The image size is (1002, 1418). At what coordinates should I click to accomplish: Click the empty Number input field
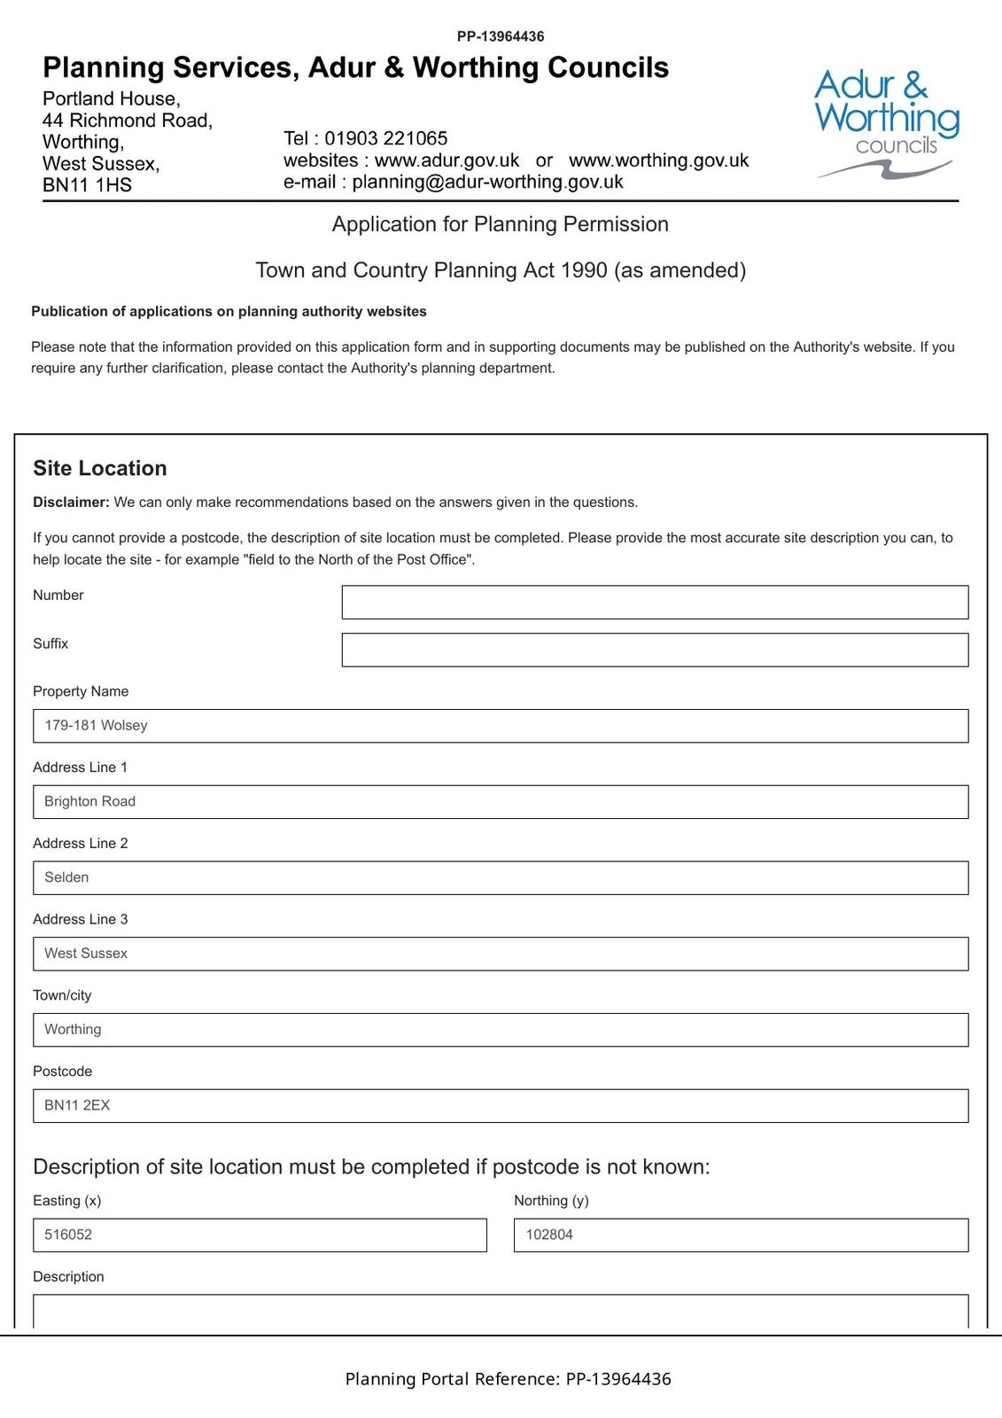655,602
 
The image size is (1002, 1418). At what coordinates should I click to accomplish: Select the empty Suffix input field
655,650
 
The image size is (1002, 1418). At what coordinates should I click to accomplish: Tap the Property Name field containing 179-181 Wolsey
501,726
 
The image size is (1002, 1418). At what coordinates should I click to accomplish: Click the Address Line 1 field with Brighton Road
501,802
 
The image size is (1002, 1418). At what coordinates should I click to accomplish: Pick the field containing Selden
501,877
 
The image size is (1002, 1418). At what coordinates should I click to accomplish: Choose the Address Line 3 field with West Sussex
501,954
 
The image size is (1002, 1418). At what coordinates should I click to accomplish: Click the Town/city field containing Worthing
501,1030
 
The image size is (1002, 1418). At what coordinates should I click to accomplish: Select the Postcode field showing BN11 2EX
501,1106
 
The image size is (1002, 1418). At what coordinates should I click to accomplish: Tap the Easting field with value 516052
260,1235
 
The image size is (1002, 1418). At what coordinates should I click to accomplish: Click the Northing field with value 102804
741,1235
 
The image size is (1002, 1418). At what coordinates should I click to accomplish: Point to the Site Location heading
100,468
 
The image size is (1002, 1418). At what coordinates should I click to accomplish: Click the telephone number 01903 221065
385,138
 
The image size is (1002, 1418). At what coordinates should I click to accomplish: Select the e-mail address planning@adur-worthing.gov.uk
487,182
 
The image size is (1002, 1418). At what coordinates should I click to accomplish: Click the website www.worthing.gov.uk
658,160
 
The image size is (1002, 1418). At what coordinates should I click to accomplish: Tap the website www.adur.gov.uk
447,160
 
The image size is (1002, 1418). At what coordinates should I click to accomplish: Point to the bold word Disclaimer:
71,503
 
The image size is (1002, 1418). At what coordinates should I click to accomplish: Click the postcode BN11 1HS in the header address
87,185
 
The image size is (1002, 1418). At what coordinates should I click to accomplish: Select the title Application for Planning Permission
501,224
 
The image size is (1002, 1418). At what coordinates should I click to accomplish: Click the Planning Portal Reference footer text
508,1379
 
